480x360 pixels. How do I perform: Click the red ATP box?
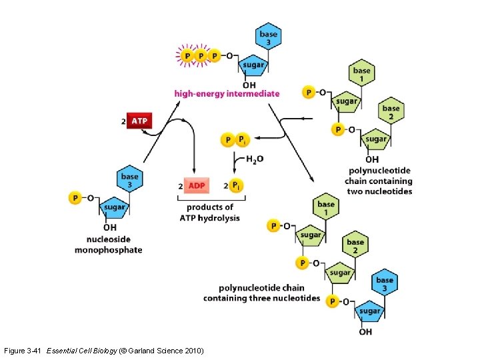click(x=139, y=121)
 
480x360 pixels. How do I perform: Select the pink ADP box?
click(x=196, y=185)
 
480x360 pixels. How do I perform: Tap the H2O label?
click(x=254, y=159)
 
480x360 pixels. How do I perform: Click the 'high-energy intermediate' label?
click(x=227, y=94)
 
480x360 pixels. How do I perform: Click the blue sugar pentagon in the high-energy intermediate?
click(x=253, y=65)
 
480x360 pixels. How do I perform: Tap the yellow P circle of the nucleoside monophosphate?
click(x=75, y=198)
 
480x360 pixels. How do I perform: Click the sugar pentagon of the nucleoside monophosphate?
click(x=114, y=207)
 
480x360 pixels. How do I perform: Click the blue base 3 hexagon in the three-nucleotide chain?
click(x=385, y=283)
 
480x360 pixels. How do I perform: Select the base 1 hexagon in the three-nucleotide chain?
click(x=326, y=207)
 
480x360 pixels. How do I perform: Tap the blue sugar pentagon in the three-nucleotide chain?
click(x=369, y=311)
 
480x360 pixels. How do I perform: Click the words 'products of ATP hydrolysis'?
click(x=210, y=213)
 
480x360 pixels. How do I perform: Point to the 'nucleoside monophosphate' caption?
click(x=114, y=245)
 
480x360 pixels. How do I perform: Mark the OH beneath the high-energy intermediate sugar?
click(x=249, y=85)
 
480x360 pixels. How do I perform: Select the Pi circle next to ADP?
click(x=237, y=185)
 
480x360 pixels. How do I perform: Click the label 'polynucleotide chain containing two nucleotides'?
click(x=379, y=181)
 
